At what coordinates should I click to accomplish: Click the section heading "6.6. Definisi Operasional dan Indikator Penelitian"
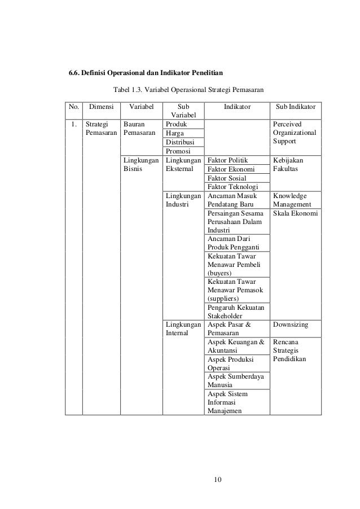click(146, 73)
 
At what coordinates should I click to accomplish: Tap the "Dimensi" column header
click(101, 106)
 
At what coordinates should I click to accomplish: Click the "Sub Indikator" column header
click(296, 106)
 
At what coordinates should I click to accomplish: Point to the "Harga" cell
click(175, 133)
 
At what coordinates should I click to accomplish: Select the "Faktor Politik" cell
click(228, 160)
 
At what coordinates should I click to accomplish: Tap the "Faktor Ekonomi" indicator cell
click(231, 169)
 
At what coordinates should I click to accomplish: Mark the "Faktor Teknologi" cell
click(232, 187)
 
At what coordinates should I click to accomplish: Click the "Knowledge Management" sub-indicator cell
click(290, 200)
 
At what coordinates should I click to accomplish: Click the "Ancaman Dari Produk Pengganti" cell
click(232, 243)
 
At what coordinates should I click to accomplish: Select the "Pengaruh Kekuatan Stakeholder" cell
click(232, 311)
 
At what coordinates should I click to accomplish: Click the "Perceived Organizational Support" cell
click(295, 133)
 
